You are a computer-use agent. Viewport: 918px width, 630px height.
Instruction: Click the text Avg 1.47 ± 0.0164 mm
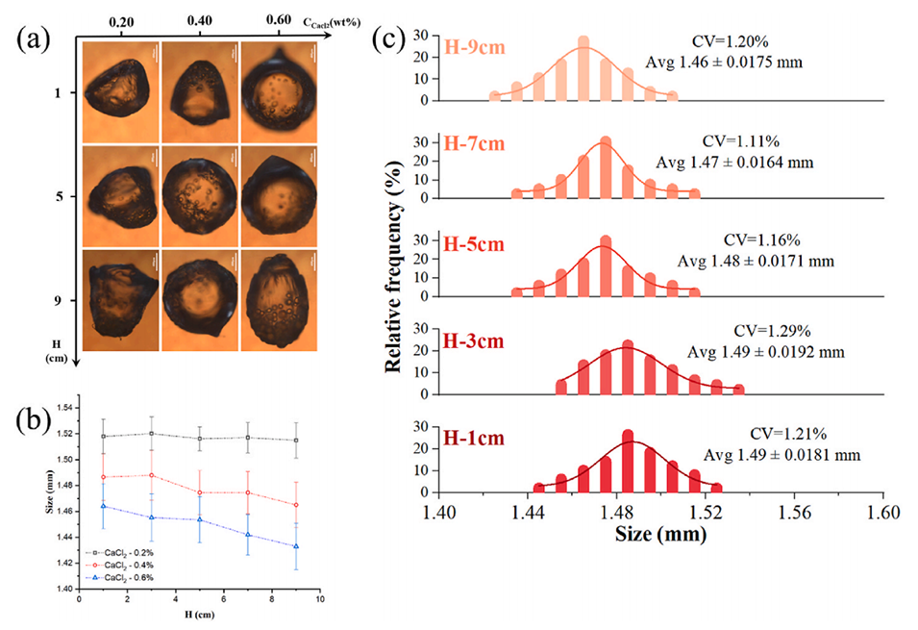pos(733,163)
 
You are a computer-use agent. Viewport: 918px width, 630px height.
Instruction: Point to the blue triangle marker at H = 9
pos(296,546)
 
